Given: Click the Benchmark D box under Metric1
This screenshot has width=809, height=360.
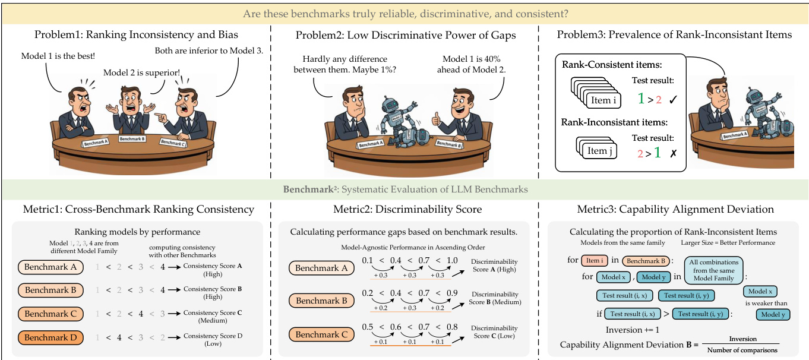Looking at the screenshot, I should pos(50,337).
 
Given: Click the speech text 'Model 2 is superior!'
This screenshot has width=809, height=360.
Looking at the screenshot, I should pos(142,73).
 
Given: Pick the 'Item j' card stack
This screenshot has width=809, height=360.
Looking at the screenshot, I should pos(597,149).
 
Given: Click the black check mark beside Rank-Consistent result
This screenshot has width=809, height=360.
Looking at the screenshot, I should pos(673,99).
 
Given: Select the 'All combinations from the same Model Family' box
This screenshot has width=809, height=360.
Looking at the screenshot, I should pos(713,270).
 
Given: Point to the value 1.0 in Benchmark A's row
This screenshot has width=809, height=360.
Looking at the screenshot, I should pos(451,261).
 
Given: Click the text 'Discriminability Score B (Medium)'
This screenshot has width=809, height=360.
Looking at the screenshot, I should pos(494,298).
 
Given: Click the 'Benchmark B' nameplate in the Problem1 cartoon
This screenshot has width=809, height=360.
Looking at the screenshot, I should pos(132,138).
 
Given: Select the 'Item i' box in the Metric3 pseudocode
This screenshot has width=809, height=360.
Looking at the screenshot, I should pos(593,260).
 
